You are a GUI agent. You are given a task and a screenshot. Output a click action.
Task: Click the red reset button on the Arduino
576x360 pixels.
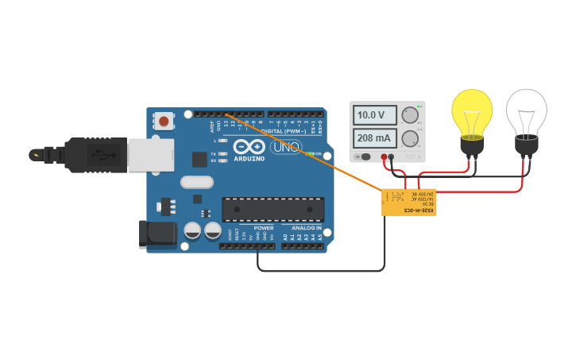(164, 122)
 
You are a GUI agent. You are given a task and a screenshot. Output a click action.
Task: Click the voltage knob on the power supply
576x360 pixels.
(410, 115)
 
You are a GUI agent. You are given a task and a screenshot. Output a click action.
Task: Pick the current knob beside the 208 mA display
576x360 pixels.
(410, 139)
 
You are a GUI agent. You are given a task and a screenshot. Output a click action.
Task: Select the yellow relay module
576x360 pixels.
(408, 203)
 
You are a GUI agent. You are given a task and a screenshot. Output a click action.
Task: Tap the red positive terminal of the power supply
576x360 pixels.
(384, 157)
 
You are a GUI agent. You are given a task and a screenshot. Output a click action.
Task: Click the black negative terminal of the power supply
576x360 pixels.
(392, 157)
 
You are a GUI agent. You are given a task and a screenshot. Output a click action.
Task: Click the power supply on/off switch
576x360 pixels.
(365, 157)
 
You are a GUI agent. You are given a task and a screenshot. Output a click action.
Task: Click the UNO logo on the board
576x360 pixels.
(284, 147)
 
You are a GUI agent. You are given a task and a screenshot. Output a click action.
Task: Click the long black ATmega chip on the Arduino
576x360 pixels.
(273, 209)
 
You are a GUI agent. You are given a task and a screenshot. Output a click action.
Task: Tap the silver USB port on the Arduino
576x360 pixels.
(150, 154)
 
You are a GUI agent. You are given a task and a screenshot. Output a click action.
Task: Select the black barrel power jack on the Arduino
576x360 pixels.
(158, 234)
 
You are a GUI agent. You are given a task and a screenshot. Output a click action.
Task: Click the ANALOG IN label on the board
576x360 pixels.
(305, 228)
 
